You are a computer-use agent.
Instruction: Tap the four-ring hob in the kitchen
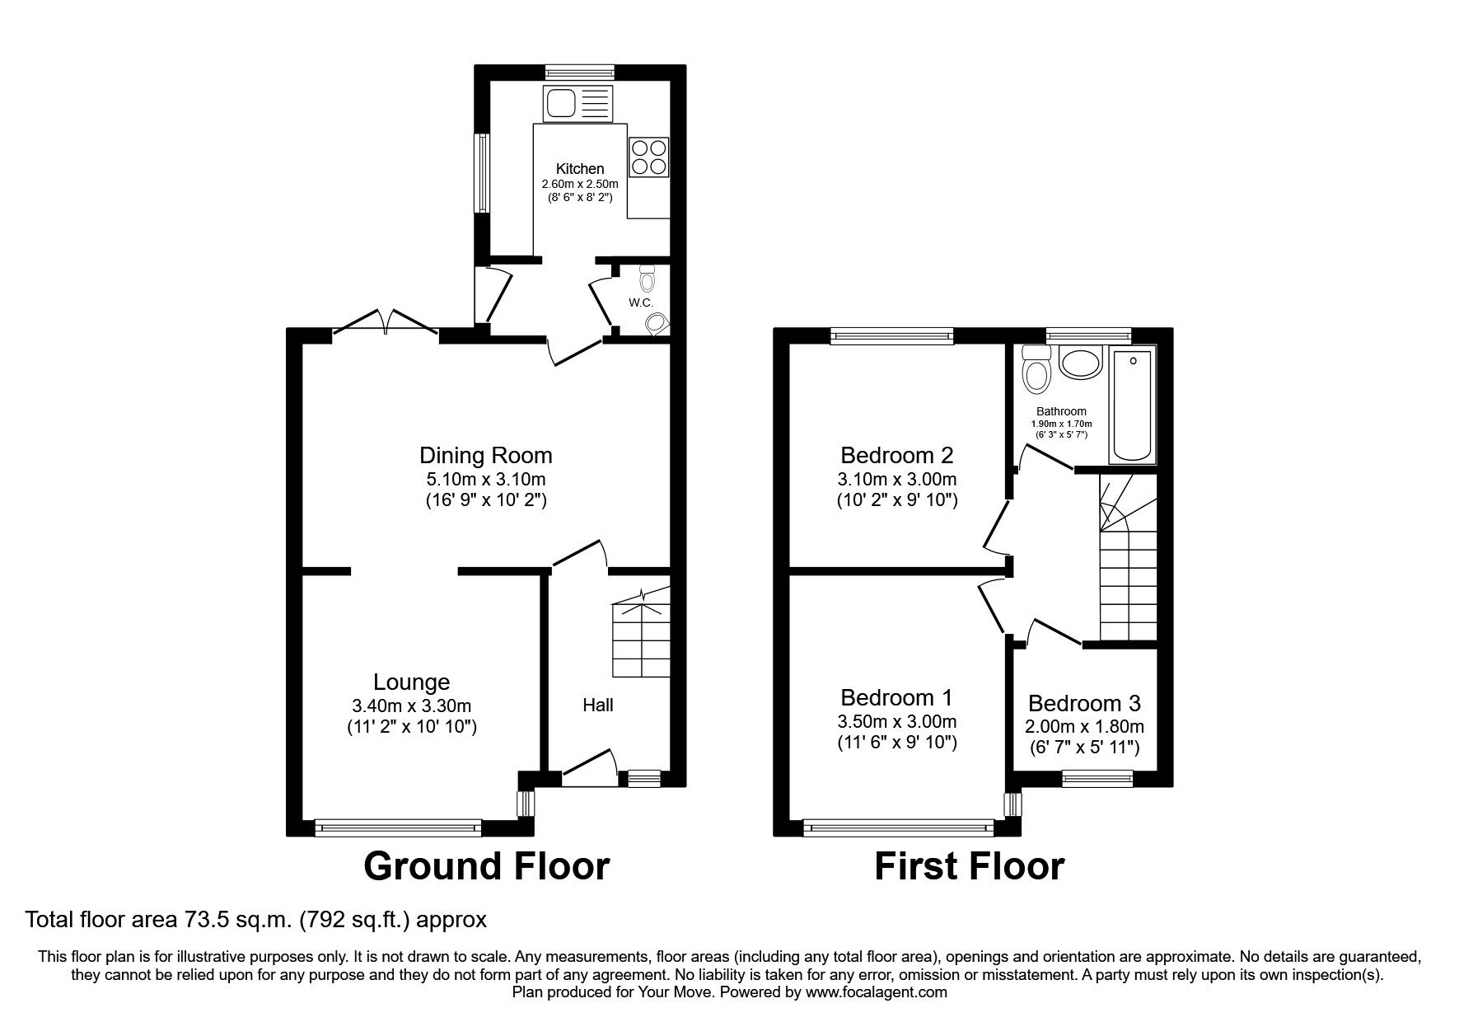click(x=648, y=157)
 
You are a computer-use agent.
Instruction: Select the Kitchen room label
click(x=580, y=169)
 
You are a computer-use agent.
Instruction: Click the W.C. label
click(x=641, y=302)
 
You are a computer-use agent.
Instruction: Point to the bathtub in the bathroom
click(x=1134, y=405)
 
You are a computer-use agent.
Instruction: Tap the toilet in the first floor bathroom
click(x=1036, y=368)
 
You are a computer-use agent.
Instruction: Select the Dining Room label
click(x=486, y=455)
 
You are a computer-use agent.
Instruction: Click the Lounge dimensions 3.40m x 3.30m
click(x=412, y=706)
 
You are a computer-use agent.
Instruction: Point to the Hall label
click(x=598, y=705)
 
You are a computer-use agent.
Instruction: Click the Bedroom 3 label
click(x=1084, y=704)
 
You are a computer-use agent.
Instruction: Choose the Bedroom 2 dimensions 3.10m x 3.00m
click(x=897, y=479)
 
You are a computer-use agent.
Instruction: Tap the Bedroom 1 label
click(x=896, y=698)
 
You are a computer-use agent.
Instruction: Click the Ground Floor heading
click(x=487, y=866)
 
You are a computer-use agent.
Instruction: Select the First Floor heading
click(x=969, y=866)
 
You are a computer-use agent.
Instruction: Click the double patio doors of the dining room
click(x=385, y=323)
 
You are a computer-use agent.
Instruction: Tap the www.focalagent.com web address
click(x=877, y=992)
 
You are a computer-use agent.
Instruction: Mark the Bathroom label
click(x=1061, y=411)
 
